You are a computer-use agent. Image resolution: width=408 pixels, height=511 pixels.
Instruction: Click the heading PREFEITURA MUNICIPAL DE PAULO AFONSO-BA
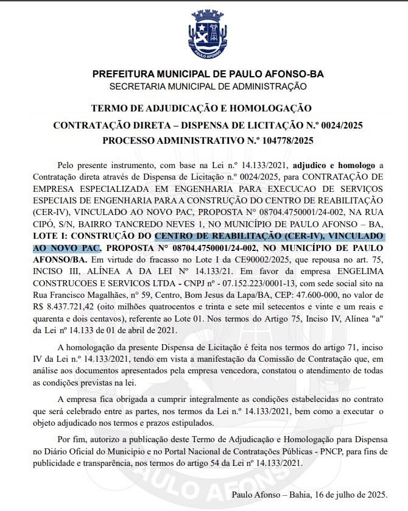(208, 74)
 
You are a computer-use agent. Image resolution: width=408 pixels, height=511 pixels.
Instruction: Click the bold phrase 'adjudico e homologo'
(334, 166)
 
